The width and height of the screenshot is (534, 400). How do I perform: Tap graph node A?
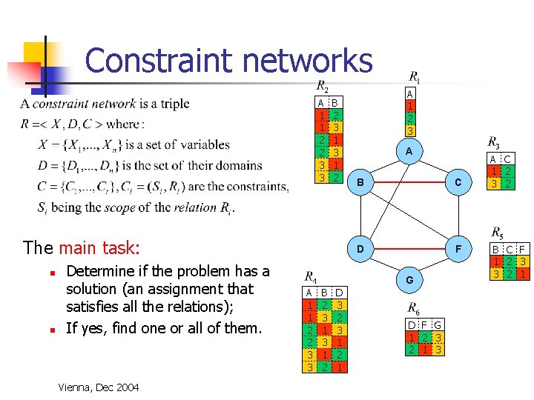[409, 150]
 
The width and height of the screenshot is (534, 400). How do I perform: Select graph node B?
[360, 181]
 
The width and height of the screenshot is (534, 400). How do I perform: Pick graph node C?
[458, 181]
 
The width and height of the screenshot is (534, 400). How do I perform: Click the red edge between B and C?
[409, 181]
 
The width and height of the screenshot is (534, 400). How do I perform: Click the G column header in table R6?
[438, 325]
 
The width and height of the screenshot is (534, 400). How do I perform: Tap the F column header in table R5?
[522, 250]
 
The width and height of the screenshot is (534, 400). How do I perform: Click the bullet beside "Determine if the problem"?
[52, 272]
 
